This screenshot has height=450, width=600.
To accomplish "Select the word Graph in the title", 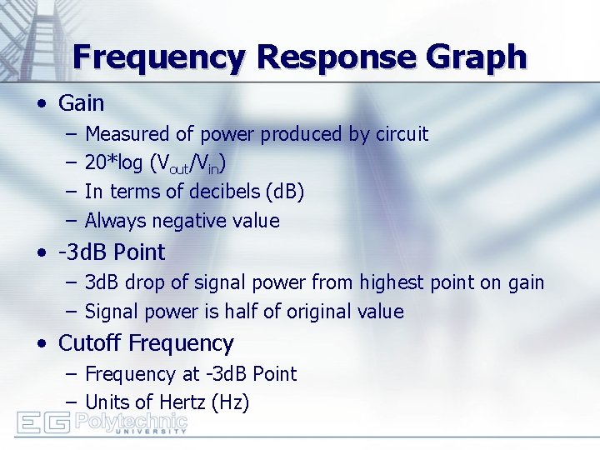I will click(478, 57).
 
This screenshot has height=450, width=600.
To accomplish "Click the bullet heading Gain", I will click(81, 103).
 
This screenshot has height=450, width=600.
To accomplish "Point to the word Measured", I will click(122, 134).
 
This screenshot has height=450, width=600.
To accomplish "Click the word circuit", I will click(399, 134).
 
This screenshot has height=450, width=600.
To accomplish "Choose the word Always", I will click(112, 221).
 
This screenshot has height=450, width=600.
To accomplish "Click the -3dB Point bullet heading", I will click(112, 252).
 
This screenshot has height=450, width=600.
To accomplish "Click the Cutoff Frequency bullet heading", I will click(146, 343).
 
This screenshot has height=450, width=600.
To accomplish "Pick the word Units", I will click(107, 403).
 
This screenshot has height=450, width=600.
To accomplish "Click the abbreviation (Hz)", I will click(231, 403).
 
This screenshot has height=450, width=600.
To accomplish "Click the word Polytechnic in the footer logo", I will click(131, 418).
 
